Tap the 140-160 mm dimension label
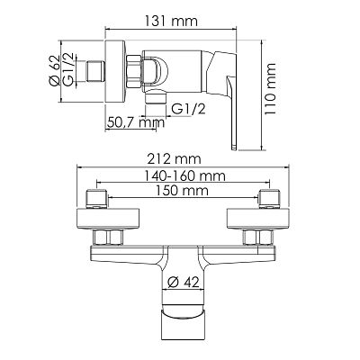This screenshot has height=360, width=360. coord(180,177)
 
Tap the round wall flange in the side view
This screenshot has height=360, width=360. coord(114,69)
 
